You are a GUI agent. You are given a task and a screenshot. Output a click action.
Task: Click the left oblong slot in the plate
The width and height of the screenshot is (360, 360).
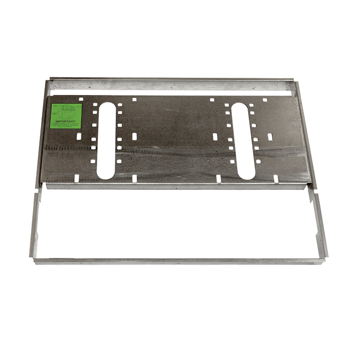106,140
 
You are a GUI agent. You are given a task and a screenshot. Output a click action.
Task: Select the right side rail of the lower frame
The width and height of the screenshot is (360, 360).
321,225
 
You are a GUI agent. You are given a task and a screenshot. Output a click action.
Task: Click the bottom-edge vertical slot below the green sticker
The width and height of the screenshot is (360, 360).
75,178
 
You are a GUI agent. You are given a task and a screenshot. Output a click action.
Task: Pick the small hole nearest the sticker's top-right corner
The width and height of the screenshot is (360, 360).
81,99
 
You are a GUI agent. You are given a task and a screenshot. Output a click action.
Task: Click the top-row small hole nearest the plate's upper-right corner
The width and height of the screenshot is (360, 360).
265,100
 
